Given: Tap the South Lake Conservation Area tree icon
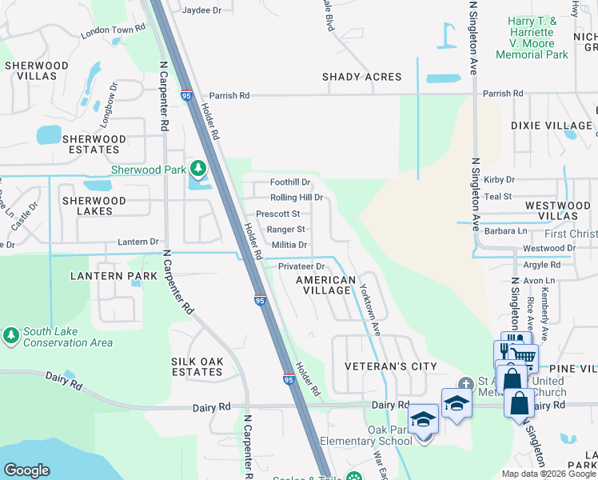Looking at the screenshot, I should click(x=11, y=335).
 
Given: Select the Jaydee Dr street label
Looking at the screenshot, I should click(x=201, y=10).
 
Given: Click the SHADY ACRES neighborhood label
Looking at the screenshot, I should click(x=361, y=77).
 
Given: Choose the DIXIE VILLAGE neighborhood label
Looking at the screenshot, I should click(x=552, y=126).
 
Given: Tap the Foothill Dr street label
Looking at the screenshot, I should click(x=290, y=182).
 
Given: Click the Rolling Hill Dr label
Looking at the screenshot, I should click(x=296, y=198).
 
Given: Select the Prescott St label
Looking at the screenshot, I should click(x=277, y=214).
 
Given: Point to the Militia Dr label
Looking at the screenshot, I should click(x=289, y=245).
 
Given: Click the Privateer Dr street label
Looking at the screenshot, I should click(x=301, y=266).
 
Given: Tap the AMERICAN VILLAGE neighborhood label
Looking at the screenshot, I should click(x=325, y=286).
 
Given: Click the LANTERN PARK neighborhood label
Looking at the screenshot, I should click(x=101, y=276).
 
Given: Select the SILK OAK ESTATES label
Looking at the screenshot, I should click(x=197, y=366).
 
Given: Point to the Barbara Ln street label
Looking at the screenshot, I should click(x=506, y=231).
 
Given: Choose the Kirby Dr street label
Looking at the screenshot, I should click(x=499, y=181).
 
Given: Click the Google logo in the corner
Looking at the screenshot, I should click(x=27, y=470).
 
